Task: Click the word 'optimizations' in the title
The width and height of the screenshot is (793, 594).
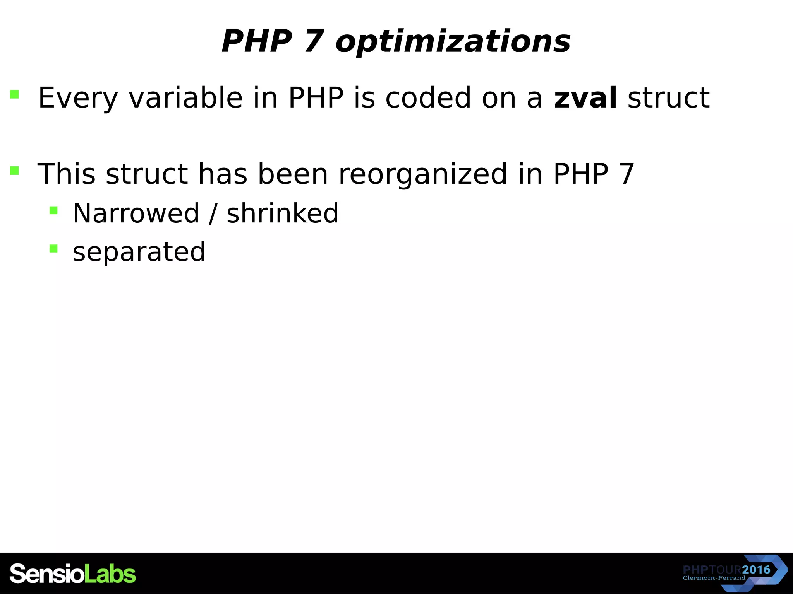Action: pos(453,42)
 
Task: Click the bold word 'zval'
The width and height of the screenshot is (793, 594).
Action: pos(585,97)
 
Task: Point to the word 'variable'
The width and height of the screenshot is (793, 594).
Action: pos(185,97)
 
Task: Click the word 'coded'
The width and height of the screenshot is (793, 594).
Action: pos(428,97)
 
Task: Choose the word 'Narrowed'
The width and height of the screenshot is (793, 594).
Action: pos(136,213)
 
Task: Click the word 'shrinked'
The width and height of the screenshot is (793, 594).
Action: pos(282,213)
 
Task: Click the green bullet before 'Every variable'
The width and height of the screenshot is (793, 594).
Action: pos(14,94)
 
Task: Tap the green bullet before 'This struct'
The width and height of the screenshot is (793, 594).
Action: pos(14,171)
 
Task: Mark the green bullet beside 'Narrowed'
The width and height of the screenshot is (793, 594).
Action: pos(53,210)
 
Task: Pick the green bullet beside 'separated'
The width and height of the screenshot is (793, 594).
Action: pos(53,248)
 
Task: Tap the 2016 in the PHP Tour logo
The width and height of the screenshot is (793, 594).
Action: pos(756,569)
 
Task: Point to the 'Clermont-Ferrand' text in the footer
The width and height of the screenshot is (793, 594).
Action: pos(714,578)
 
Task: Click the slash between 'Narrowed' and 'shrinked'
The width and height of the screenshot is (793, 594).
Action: pos(213,213)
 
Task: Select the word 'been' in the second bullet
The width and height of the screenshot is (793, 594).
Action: pos(293,174)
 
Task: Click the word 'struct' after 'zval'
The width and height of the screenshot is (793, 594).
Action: pos(668,97)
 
